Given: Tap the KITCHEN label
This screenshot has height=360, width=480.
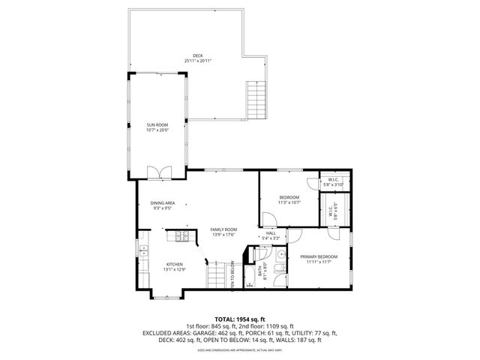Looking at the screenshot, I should click(175, 264).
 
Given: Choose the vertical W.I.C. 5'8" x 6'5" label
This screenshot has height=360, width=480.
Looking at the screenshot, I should click(331, 211).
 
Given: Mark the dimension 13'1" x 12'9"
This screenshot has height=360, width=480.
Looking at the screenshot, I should click(175, 269).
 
